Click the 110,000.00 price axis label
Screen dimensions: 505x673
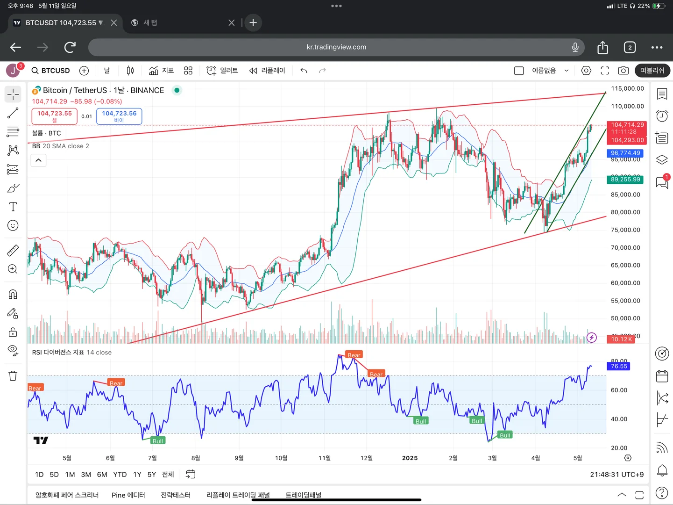click(627, 106)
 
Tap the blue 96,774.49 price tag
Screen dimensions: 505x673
click(625, 153)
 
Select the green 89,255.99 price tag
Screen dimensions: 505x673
click(625, 180)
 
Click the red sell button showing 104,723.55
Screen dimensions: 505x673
click(55, 116)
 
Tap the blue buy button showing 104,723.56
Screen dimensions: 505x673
click(119, 116)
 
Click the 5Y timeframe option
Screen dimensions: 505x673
click(152, 475)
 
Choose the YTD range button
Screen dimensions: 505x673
click(120, 475)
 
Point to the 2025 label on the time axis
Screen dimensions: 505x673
click(410, 458)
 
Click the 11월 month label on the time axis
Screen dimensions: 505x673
click(325, 458)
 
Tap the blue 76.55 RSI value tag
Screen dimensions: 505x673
click(619, 366)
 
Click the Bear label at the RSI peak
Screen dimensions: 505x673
click(354, 355)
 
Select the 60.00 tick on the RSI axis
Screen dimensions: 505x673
click(619, 390)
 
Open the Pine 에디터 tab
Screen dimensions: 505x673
click(128, 495)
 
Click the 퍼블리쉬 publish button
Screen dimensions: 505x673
click(652, 71)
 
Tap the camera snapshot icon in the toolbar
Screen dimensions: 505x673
click(623, 71)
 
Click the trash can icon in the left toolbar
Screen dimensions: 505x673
click(13, 376)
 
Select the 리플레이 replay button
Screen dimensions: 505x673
click(268, 71)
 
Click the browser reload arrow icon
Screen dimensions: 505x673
click(70, 47)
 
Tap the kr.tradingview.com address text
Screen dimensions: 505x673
click(336, 47)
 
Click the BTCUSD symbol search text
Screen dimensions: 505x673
click(55, 71)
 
